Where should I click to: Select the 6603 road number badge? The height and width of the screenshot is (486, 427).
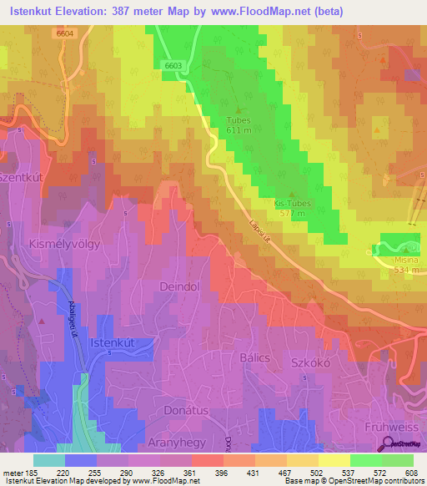pyautogui.click(x=173, y=65)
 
